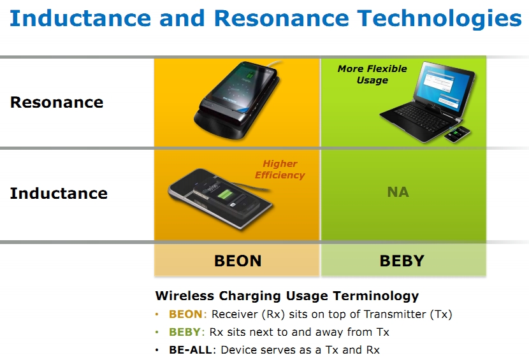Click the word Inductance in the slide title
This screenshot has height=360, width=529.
80,18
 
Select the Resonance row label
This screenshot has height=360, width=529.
57,102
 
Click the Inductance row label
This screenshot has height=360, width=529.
59,193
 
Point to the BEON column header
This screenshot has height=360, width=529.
238,261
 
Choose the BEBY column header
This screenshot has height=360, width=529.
402,261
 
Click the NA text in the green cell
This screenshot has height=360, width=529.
398,192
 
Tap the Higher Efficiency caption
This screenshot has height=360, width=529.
280,169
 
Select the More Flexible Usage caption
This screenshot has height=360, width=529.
372,74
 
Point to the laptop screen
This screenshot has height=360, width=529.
444,85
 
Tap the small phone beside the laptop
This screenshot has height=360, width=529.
457,134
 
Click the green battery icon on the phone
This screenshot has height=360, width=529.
225,194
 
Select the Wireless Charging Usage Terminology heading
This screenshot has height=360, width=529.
287,296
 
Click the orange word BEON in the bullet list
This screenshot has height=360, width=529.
185,314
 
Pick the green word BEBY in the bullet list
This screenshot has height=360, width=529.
185,332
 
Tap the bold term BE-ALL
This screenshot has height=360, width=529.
191,350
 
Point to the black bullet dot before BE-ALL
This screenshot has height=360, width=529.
157,350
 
